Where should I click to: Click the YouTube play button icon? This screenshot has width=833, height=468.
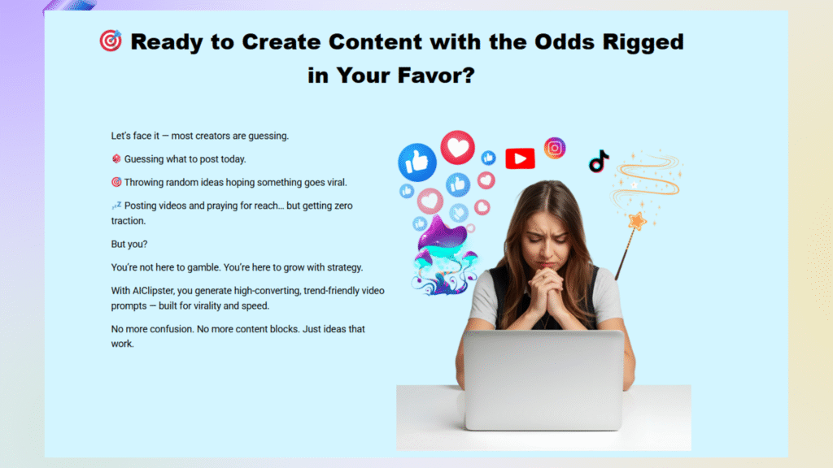tap(520, 158)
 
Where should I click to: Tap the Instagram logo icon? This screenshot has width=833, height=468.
tap(555, 148)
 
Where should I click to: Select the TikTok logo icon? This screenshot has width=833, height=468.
tap(599, 162)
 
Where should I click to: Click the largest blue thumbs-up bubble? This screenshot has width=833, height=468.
tap(417, 162)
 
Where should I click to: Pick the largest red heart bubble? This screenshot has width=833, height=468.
tap(457, 147)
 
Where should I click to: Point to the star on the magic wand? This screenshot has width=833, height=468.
tap(636, 221)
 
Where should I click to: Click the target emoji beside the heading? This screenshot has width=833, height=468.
tap(111, 41)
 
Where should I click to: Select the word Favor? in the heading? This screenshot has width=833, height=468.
tap(436, 75)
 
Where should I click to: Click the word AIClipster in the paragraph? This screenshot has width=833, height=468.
tap(152, 291)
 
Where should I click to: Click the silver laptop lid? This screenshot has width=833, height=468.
tap(543, 379)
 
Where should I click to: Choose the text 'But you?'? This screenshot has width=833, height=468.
tap(129, 244)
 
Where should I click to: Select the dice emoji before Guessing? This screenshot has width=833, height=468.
tap(116, 158)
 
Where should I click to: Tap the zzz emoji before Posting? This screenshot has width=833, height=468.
tap(116, 206)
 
